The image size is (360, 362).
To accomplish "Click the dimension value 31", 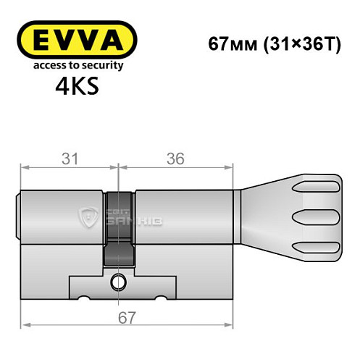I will (69, 158).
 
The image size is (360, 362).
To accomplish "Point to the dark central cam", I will (118, 228).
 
